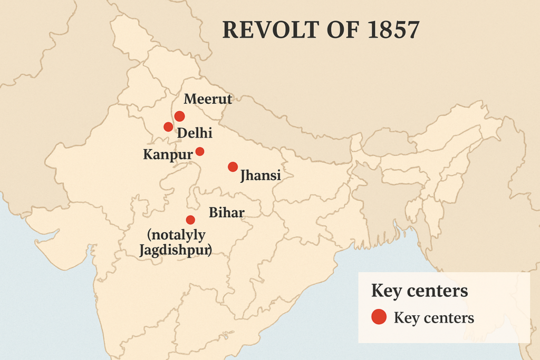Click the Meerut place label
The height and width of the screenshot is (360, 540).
(x=208, y=99)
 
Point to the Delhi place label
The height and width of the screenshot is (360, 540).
(x=195, y=133)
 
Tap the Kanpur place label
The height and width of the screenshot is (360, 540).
(x=167, y=155)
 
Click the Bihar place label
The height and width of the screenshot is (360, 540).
(x=227, y=212)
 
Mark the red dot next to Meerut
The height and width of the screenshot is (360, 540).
(x=179, y=116)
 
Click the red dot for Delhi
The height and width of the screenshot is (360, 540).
(x=168, y=127)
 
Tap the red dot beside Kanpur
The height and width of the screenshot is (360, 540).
(x=200, y=151)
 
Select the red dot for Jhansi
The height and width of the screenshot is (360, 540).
(x=233, y=167)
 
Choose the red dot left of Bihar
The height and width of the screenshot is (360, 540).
(x=190, y=220)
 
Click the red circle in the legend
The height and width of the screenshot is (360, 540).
(x=379, y=317)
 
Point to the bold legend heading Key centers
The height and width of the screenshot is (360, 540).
(x=419, y=290)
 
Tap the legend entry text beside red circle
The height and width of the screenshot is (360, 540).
(x=433, y=318)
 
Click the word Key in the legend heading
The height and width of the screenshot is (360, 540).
(x=387, y=290)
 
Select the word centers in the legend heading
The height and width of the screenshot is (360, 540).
(x=437, y=291)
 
